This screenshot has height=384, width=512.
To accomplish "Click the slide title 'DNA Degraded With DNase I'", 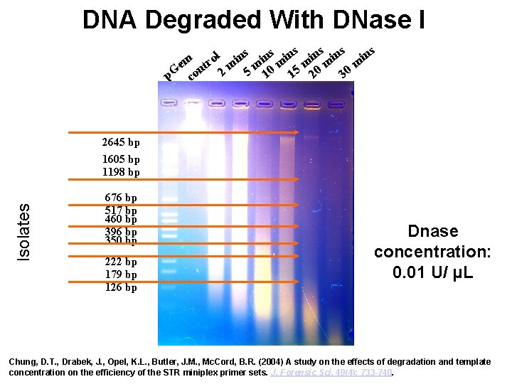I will click(254, 20).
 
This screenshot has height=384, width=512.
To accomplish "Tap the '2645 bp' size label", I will click(120, 142).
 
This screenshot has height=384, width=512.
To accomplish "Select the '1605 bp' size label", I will click(120, 159).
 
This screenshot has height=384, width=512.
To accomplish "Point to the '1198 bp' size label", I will click(120, 172).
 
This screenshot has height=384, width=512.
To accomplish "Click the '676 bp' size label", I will click(120, 198).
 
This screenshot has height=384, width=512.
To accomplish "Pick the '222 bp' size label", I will click(120, 262).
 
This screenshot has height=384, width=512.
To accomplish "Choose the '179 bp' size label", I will click(120, 274).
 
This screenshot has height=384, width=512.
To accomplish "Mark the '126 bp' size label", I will click(120, 287).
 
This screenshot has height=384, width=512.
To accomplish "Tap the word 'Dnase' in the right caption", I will click(432, 231).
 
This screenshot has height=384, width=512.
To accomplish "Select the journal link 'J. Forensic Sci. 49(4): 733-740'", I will click(332, 373).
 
